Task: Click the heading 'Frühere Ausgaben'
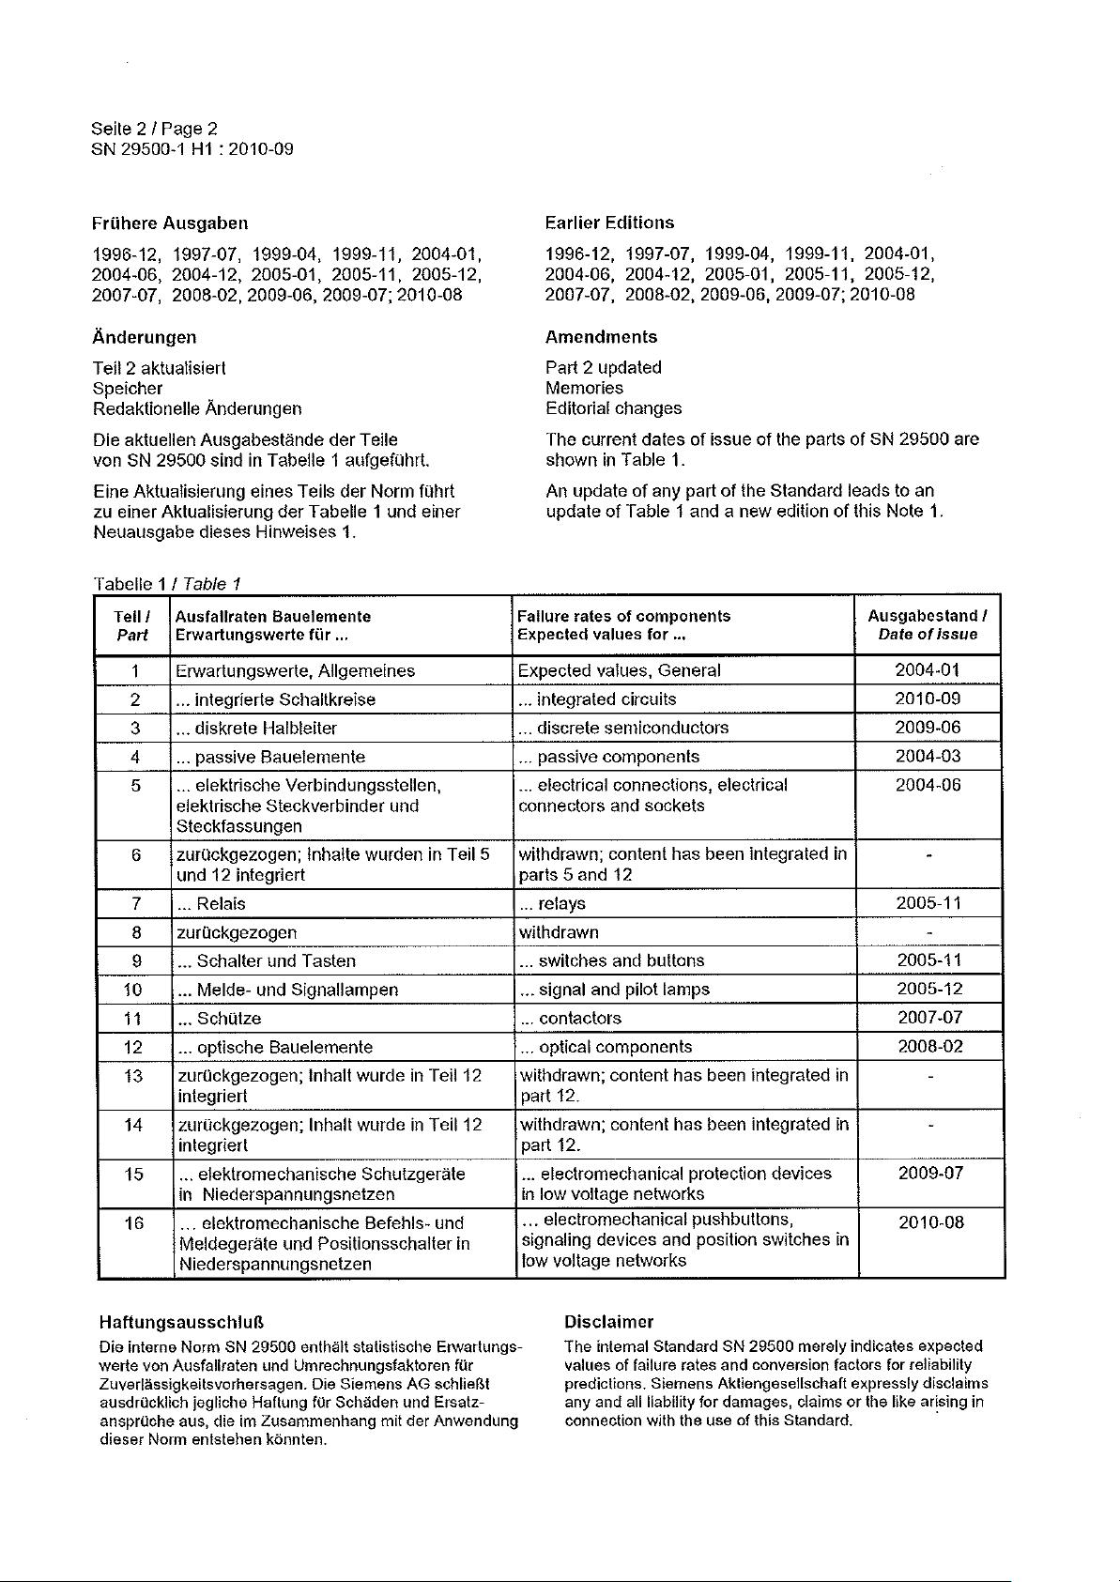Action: point(170,223)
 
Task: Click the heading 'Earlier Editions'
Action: point(609,223)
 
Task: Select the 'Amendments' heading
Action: point(601,337)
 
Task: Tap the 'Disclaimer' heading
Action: point(608,1322)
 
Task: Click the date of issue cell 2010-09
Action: point(928,699)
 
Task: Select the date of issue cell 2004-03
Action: point(928,757)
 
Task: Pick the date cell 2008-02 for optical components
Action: point(929,1047)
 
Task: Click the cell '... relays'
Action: point(553,904)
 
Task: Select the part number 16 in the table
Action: point(134,1223)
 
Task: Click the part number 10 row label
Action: point(132,990)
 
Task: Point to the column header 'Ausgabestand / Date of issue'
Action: point(928,625)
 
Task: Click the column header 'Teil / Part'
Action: point(132,625)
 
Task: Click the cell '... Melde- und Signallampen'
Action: point(287,991)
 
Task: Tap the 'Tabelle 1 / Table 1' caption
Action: point(167,584)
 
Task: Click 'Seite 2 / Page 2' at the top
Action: point(154,129)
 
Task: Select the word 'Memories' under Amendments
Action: point(584,388)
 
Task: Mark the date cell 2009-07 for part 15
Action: point(930,1174)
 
